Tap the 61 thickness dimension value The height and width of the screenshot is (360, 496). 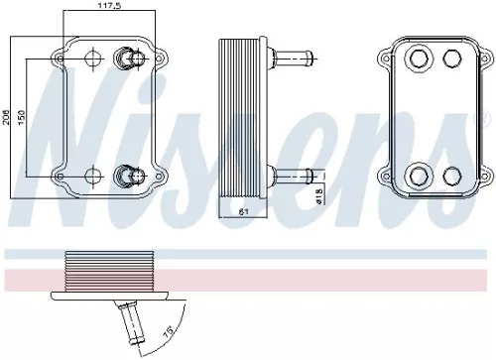coord(243,212)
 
